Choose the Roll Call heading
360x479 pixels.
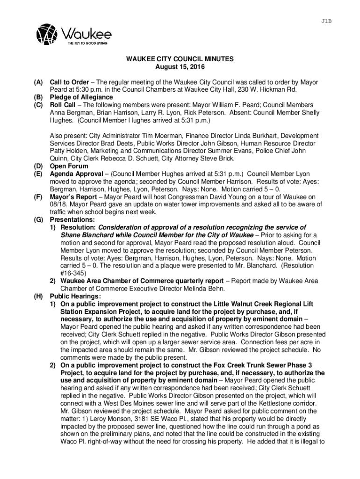click(x=63, y=105)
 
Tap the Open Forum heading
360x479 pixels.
click(x=69, y=166)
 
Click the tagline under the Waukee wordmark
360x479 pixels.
click(x=88, y=44)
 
